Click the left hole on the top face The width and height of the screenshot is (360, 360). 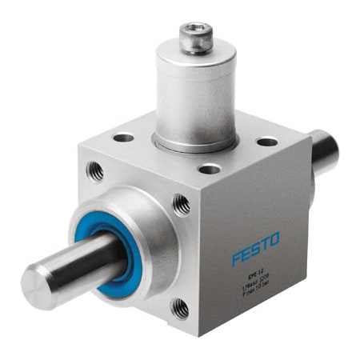123,138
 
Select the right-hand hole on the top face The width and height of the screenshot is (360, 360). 266,142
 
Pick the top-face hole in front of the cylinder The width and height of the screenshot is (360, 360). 210,169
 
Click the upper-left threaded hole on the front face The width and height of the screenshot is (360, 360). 95,169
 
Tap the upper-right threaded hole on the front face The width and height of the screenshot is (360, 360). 182,206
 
